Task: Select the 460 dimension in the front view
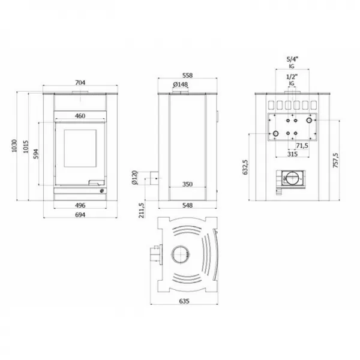pos(79,116)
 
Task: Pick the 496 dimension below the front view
pos(80,205)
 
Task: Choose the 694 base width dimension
pos(80,215)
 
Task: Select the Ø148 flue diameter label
pos(181,85)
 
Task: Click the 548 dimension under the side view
pos(187,205)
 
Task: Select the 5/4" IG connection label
pos(292,63)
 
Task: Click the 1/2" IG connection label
pos(292,80)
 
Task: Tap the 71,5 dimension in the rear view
pos(302,145)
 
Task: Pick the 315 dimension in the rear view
pos(293,155)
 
